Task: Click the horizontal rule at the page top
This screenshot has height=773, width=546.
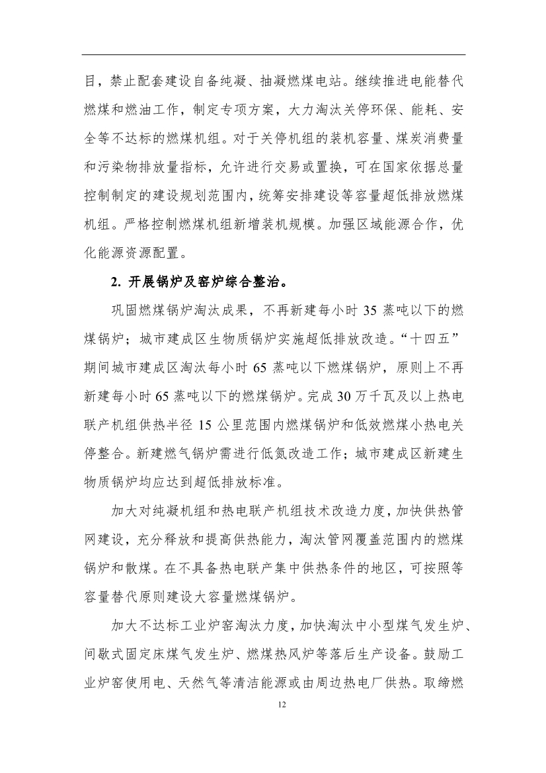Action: [x=274, y=55]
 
